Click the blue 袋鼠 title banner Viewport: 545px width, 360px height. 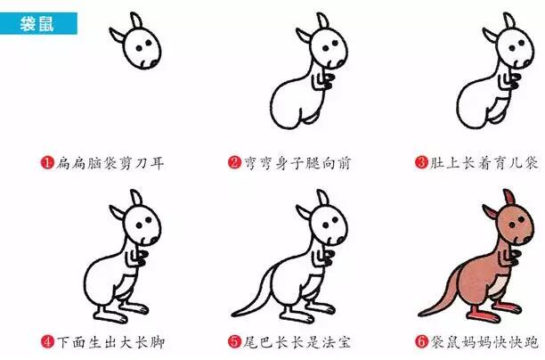click(x=39, y=23)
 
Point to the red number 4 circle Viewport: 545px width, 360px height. click(x=46, y=341)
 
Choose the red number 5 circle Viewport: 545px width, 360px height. click(x=234, y=341)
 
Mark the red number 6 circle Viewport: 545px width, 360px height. click(x=422, y=341)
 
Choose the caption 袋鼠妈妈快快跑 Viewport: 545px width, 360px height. click(x=484, y=341)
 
